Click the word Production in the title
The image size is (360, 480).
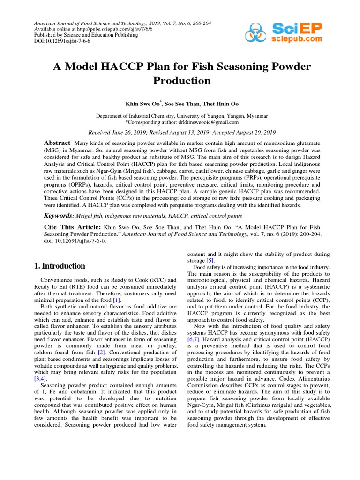point(182,81)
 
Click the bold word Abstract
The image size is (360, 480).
point(57,142)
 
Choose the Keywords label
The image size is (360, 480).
point(59,215)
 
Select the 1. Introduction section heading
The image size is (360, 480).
point(60,266)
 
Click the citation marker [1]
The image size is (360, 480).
point(117,300)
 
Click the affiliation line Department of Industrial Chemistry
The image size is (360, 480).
point(182,116)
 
